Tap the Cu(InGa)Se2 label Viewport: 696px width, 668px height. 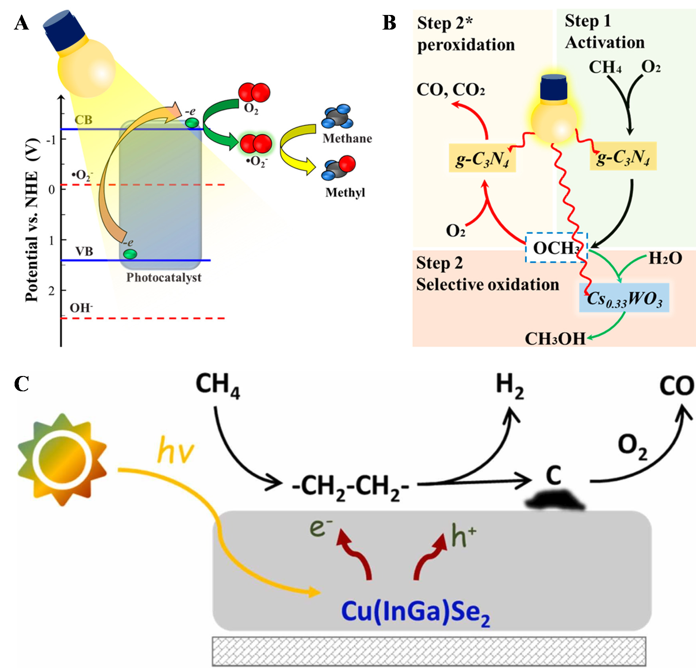[415, 612]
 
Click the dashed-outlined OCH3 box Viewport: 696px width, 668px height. [556, 247]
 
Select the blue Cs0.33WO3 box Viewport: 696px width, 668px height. [624, 298]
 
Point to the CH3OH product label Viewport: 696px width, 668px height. [555, 339]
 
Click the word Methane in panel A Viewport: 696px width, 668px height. [347, 138]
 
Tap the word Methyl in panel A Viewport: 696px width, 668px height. [345, 192]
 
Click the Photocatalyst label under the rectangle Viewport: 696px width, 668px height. [164, 277]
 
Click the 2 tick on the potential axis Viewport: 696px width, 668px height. [51, 291]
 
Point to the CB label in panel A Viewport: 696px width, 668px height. [84, 120]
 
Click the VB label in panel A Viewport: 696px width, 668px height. [84, 251]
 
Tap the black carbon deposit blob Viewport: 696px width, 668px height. [555, 500]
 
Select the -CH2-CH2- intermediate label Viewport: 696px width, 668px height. [351, 488]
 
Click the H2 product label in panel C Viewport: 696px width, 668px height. [510, 386]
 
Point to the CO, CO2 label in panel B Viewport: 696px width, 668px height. [451, 90]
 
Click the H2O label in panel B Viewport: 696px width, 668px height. [665, 258]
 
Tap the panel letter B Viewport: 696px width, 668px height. [389, 23]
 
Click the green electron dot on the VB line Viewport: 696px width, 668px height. [130, 254]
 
